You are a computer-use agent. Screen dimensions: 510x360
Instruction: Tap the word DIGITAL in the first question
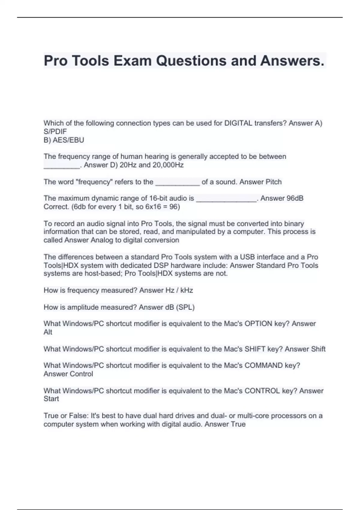238,123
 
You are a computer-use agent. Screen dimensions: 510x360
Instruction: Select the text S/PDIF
55,131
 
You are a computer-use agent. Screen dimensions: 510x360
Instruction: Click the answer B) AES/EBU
64,140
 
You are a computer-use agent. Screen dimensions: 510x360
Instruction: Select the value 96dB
295,198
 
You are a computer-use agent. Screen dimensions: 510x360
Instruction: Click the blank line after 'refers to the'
177,184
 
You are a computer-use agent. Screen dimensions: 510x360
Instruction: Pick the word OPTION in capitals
258,324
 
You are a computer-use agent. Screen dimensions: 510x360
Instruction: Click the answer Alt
48,332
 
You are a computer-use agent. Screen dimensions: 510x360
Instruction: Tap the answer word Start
51,399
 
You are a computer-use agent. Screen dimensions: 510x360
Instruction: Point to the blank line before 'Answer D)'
61,167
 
